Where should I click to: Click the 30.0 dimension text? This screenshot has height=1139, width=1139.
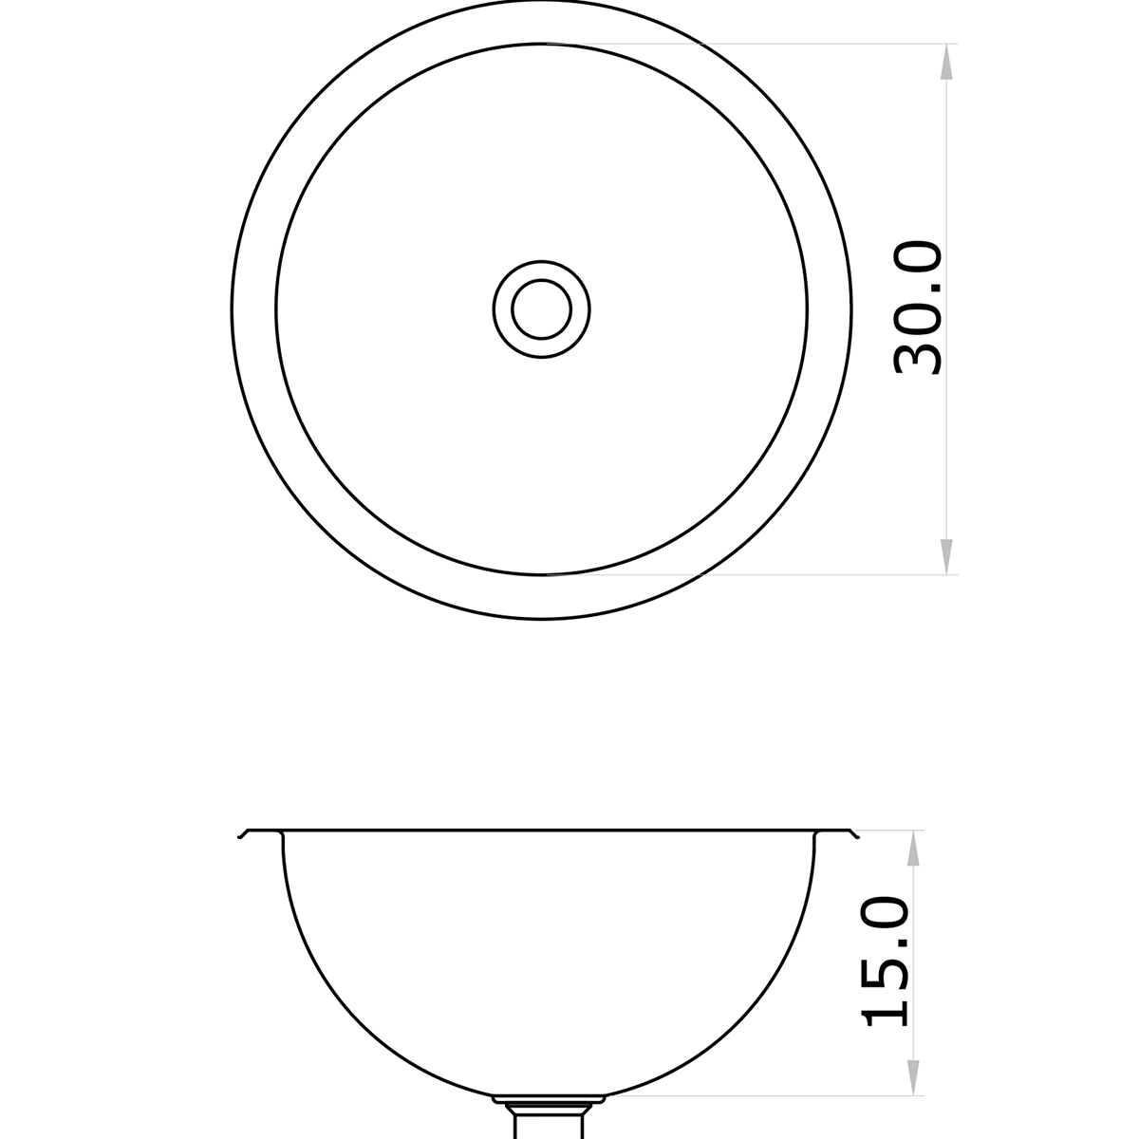click(919, 308)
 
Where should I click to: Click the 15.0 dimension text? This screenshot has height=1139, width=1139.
click(887, 961)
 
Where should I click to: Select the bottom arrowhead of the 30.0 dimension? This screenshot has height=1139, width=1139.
click(945, 555)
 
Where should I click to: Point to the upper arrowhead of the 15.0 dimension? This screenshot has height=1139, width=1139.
click(914, 850)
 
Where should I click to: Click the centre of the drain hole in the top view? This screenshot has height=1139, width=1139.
click(541, 308)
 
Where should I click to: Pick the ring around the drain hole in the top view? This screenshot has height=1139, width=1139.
click(502, 308)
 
